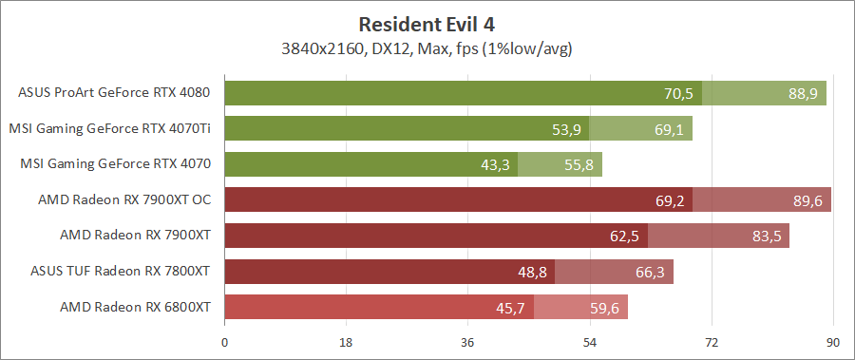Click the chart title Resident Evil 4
pos(427,24)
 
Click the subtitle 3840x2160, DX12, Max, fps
pos(427,47)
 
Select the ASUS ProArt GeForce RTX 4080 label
pos(114,93)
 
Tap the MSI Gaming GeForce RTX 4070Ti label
pos(109,128)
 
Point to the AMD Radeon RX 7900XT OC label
pos(123,199)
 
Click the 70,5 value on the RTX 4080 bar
pos(678,94)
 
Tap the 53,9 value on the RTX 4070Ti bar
pos(566,129)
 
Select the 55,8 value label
pos(579,165)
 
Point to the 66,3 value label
pos(651,273)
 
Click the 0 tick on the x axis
pos(224,342)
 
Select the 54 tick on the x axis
pos(589,342)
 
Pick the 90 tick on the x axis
pos(832,342)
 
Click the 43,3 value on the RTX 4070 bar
pos(495,165)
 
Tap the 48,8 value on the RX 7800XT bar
pos(532,273)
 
